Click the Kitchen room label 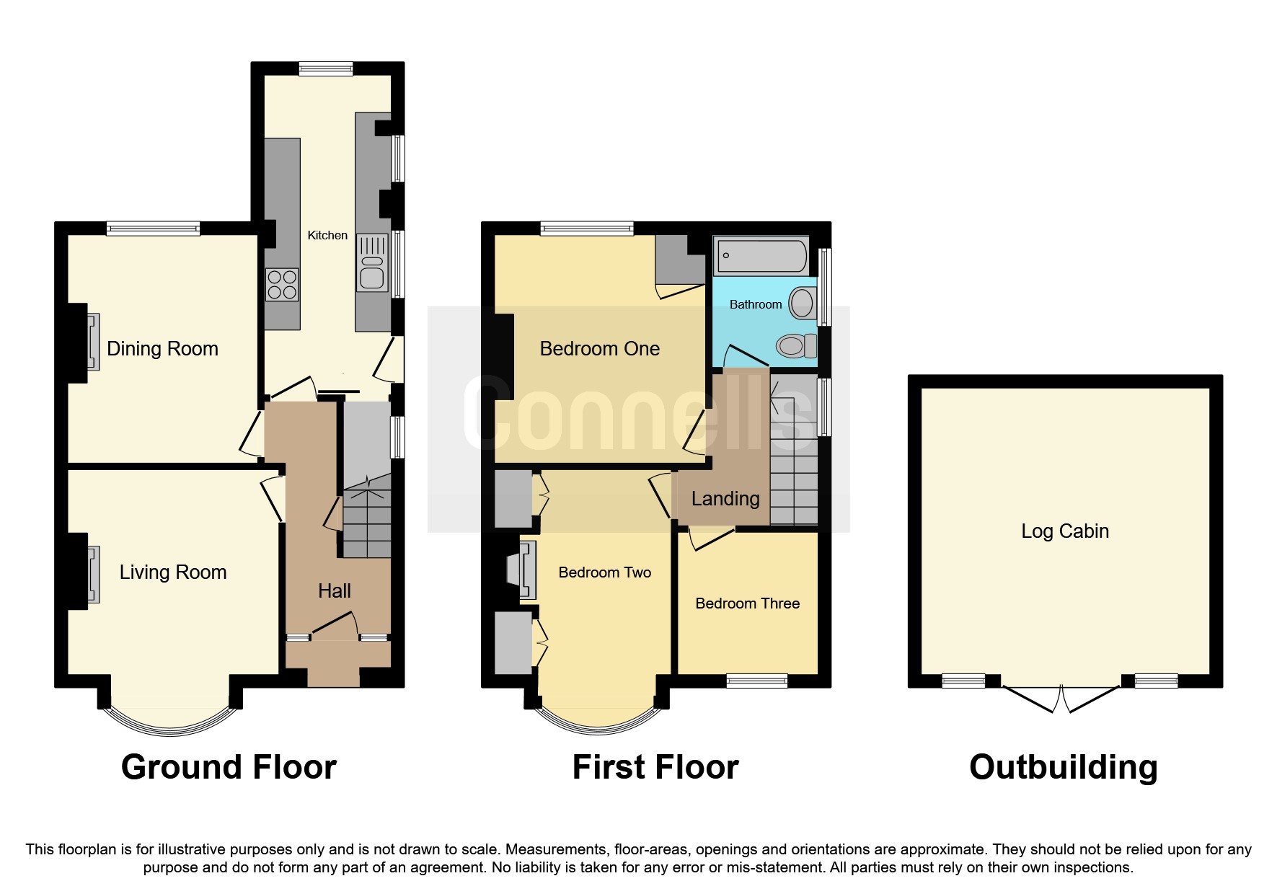[x=327, y=235]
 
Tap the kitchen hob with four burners [x=282, y=284]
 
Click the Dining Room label [x=162, y=349]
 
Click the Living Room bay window [x=170, y=724]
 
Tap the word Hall [x=335, y=591]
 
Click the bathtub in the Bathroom [x=761, y=256]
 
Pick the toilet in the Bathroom [x=795, y=346]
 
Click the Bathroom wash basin [x=801, y=304]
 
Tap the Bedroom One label [x=599, y=349]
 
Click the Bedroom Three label [x=747, y=603]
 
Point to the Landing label [x=725, y=498]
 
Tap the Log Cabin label [x=1065, y=531]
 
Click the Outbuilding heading [x=1063, y=767]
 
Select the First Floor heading [x=655, y=767]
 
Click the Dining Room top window [x=153, y=229]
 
